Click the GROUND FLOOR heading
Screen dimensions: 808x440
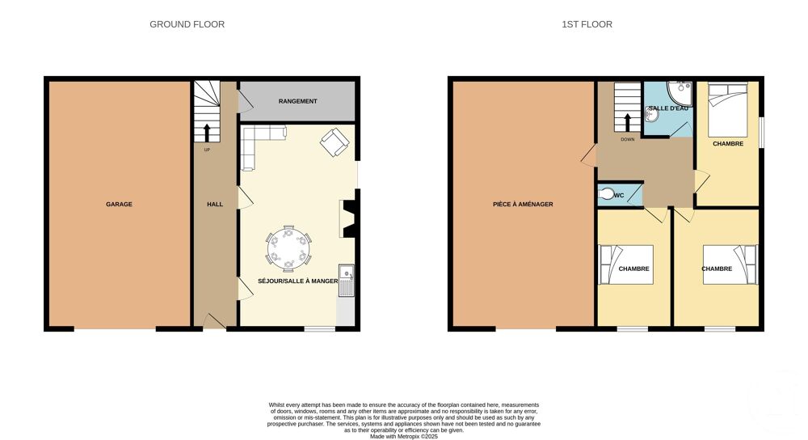pyautogui.click(x=187, y=24)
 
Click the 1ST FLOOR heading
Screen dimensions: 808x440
pyautogui.click(x=587, y=24)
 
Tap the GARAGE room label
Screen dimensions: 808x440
pyautogui.click(x=119, y=205)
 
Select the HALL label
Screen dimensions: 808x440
pyautogui.click(x=215, y=205)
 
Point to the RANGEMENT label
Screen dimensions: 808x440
pyautogui.click(x=298, y=101)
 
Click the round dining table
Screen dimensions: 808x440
pyautogui.click(x=288, y=249)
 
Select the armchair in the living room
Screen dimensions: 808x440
pyautogui.click(x=335, y=142)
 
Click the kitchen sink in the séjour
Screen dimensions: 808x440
pyautogui.click(x=347, y=281)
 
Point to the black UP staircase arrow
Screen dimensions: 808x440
pyautogui.click(x=207, y=133)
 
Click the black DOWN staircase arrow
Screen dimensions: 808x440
pyautogui.click(x=627, y=123)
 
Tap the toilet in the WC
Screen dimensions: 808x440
pyautogui.click(x=607, y=194)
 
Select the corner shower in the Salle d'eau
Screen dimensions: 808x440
pyautogui.click(x=680, y=93)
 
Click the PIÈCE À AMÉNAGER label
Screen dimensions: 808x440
pyautogui.click(x=523, y=205)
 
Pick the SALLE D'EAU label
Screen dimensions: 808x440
pyautogui.click(x=668, y=108)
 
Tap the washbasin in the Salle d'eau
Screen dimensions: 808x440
pyautogui.click(x=652, y=115)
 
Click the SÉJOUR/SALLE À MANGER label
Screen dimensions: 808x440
pyautogui.click(x=298, y=281)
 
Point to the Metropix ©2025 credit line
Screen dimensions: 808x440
pyautogui.click(x=404, y=437)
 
